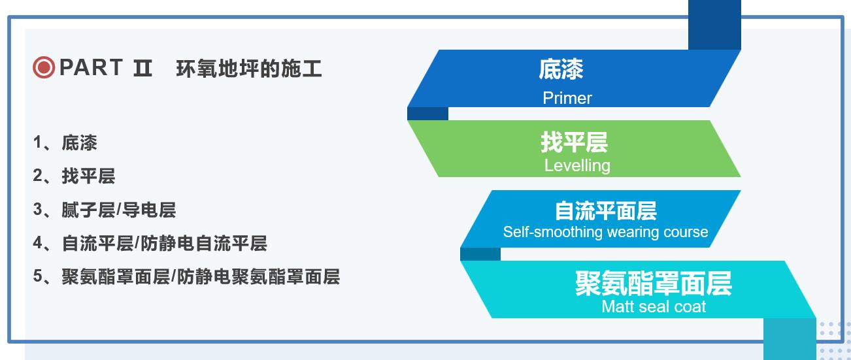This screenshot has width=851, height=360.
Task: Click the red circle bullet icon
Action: point(44,67)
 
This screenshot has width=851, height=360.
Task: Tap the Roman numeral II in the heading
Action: point(143,69)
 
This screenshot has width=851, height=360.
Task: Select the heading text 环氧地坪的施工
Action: point(249,69)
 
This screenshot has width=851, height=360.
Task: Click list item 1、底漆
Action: point(65,143)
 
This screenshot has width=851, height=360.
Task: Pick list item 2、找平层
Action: point(74,176)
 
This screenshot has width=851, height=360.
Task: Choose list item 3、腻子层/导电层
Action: point(105,210)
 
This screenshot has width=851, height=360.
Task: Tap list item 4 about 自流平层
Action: point(150,243)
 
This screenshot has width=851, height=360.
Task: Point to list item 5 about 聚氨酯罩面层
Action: point(186,276)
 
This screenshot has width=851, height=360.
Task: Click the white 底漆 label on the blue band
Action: point(561,69)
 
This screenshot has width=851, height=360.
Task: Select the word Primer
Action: point(567,98)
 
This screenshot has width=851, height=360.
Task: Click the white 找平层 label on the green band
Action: point(575,142)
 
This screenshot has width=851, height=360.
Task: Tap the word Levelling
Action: point(578,165)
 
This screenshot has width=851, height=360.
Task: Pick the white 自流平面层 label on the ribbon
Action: point(606,211)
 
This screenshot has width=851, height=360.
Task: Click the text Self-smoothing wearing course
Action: point(606,232)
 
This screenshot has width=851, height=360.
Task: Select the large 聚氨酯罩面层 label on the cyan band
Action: point(654,284)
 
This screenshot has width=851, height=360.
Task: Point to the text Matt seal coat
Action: point(654,306)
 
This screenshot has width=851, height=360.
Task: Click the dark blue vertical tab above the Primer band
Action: point(714,25)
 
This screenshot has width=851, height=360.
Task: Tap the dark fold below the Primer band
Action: point(427,114)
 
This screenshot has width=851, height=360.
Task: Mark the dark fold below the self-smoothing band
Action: point(480,254)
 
